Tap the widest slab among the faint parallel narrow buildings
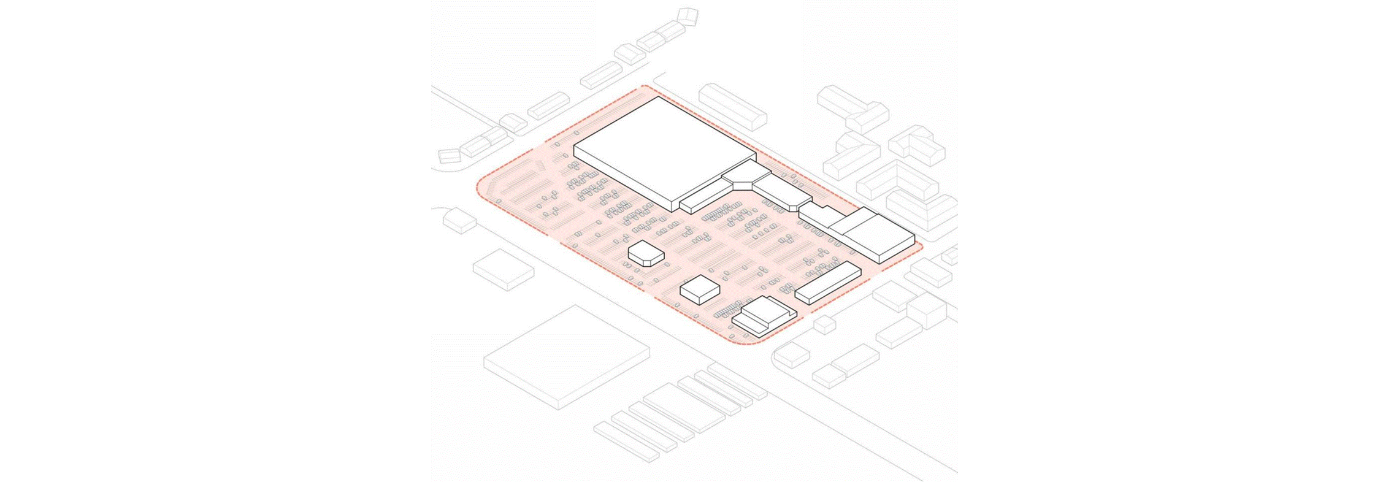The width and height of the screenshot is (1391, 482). [684, 406]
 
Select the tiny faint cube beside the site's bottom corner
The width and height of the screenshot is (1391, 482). [824, 324]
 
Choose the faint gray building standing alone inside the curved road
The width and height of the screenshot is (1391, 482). [459, 220]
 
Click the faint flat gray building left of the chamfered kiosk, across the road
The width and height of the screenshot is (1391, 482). [503, 269]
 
